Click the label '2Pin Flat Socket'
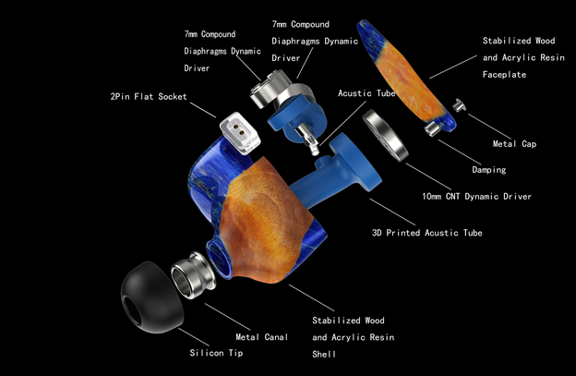coord(148,96)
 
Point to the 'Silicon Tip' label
coord(216,354)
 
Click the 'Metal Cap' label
coord(515,144)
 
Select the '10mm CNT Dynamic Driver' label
coord(476,197)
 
